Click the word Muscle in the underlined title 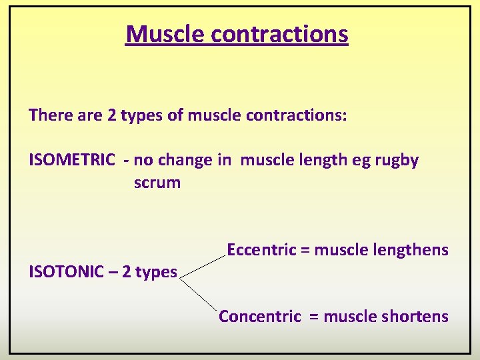[x=161, y=33]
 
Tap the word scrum [x=157, y=183]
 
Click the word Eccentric [x=261, y=250]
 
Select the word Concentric [x=260, y=316]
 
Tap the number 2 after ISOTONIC [x=125, y=272]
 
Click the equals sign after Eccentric [x=305, y=251]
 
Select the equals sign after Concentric [x=314, y=317]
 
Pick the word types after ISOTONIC [x=155, y=272]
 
